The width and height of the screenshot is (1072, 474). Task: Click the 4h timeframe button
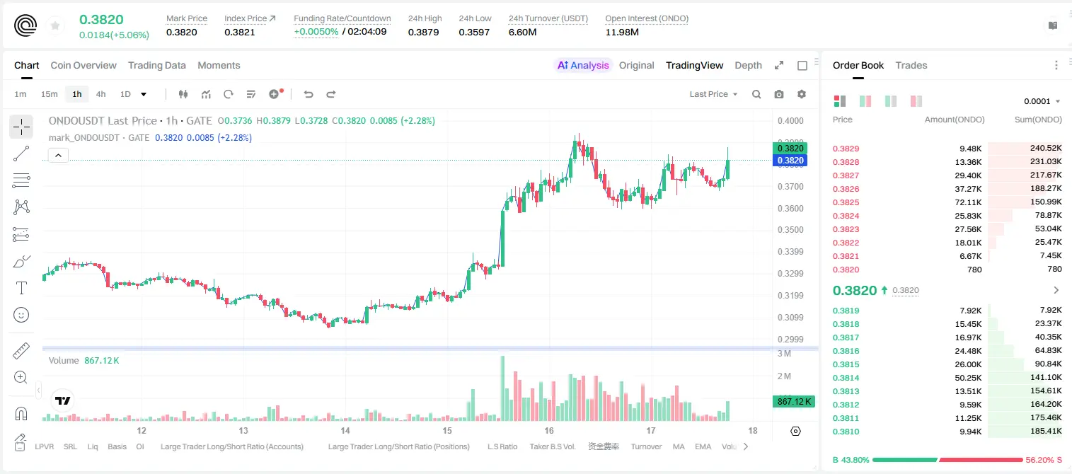coord(100,94)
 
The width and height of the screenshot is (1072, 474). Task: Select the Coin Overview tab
coord(83,65)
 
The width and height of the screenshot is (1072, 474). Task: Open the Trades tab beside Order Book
coord(911,65)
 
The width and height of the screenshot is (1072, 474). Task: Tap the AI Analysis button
coord(583,65)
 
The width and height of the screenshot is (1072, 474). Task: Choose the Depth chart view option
coord(748,65)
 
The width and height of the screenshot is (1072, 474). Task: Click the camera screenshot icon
coord(779,94)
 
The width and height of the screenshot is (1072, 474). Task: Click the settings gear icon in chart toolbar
coord(802,94)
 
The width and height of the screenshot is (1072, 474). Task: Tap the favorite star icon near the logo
coord(55,25)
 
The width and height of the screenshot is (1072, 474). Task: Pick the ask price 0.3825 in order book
coord(846,202)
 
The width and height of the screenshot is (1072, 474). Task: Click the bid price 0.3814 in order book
coord(846,378)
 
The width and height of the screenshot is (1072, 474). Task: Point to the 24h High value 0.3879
coord(423,32)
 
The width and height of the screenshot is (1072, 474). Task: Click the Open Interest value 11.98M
coord(622,32)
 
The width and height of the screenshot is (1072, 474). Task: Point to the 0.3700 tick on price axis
coord(790,187)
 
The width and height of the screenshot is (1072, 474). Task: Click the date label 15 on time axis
coord(447,430)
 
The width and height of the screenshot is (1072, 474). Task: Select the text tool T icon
coord(21,288)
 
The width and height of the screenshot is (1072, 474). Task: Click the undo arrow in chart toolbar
coord(309,94)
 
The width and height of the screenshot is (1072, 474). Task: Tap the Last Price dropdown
coord(713,94)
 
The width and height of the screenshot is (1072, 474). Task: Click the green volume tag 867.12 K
coord(793,401)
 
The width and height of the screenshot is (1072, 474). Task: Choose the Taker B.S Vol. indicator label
coord(552,446)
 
